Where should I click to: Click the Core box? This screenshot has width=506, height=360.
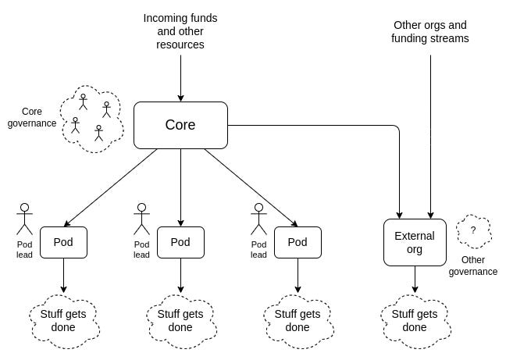pyautogui.click(x=180, y=125)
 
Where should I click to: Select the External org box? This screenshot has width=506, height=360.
pyautogui.click(x=415, y=242)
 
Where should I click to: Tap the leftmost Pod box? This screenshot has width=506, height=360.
pyautogui.click(x=63, y=242)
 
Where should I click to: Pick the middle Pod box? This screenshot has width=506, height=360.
pyautogui.click(x=180, y=242)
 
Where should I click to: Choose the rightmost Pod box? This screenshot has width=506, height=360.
pyautogui.click(x=298, y=242)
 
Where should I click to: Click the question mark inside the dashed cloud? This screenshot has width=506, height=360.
pyautogui.click(x=472, y=230)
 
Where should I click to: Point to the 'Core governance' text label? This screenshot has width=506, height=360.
pyautogui.click(x=32, y=117)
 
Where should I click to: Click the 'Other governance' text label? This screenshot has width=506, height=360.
pyautogui.click(x=473, y=266)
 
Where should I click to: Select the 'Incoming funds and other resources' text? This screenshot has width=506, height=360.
pyautogui.click(x=180, y=31)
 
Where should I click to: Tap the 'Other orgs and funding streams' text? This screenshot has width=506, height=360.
pyautogui.click(x=430, y=31)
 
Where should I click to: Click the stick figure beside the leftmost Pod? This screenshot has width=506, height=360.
pyautogui.click(x=24, y=219)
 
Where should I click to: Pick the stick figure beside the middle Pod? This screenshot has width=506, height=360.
pyautogui.click(x=141, y=219)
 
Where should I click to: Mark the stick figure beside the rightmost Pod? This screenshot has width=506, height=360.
pyautogui.click(x=258, y=219)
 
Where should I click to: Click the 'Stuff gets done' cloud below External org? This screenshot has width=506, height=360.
pyautogui.click(x=415, y=320)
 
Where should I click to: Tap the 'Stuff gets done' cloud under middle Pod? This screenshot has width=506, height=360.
pyautogui.click(x=180, y=320)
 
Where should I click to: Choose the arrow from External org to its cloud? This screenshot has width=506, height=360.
pyautogui.click(x=415, y=280)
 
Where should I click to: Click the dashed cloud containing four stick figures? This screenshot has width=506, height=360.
pyautogui.click(x=92, y=119)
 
